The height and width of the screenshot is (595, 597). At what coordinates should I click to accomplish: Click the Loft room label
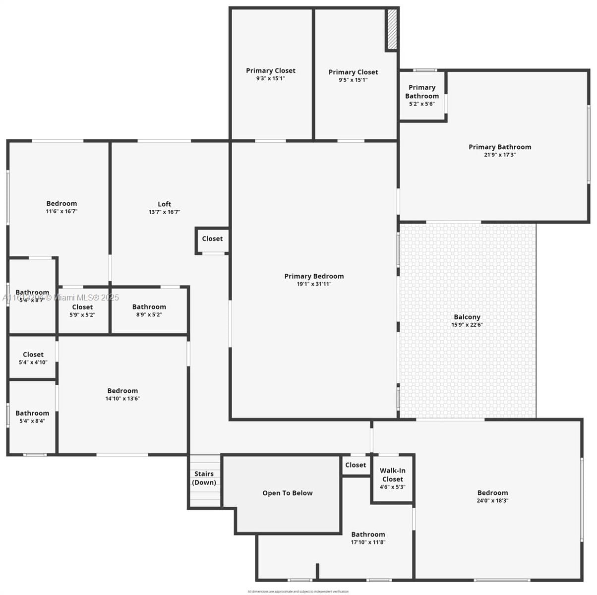(164, 204)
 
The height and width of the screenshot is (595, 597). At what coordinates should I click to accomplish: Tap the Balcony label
(467, 317)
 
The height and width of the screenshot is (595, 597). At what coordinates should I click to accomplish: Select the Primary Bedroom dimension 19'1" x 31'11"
(314, 284)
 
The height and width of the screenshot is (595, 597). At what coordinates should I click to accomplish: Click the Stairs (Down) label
(204, 478)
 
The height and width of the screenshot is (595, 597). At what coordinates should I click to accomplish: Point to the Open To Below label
(288, 493)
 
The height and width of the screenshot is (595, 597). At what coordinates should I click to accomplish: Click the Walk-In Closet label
(393, 475)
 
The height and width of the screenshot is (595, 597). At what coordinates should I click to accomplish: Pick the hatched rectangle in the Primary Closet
(392, 29)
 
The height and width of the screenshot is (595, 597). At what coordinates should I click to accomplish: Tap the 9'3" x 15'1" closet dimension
(271, 78)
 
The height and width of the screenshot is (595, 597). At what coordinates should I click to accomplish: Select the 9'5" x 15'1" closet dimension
(353, 80)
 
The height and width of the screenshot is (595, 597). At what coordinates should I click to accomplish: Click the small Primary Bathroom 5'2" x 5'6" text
(422, 104)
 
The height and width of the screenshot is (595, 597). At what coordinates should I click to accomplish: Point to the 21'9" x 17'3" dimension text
(500, 155)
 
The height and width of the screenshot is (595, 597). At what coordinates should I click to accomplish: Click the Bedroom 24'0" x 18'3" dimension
(492, 501)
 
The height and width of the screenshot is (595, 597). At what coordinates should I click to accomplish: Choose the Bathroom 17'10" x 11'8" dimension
(368, 542)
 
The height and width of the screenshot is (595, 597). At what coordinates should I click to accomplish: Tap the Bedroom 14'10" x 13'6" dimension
(122, 399)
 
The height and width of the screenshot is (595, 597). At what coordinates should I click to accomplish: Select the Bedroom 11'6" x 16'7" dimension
(61, 211)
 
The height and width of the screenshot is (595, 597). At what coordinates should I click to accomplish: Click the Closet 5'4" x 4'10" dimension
(33, 362)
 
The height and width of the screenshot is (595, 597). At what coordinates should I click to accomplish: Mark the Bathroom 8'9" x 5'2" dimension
(149, 315)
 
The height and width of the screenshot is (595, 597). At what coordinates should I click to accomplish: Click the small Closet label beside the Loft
(212, 238)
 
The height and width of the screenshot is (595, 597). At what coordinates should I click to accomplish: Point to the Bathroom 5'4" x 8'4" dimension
(32, 421)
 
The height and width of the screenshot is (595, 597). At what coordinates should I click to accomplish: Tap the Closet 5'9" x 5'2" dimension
(82, 315)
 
